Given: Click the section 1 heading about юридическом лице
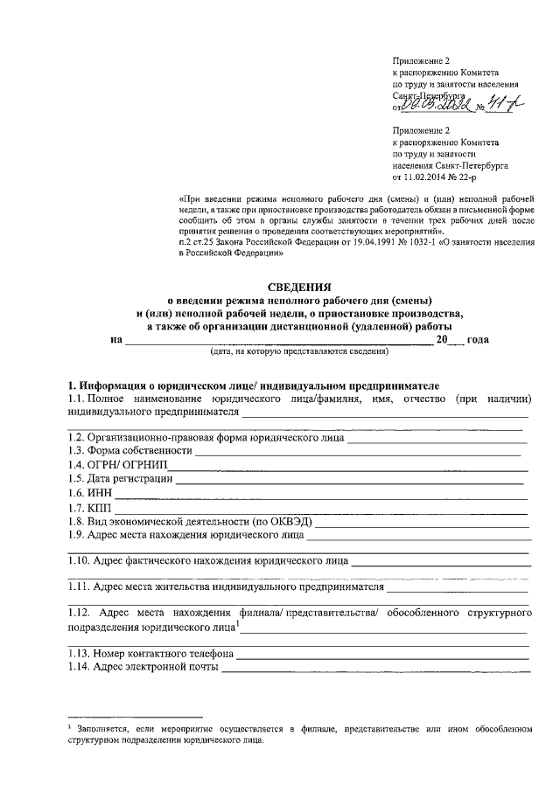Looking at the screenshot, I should click(254, 385).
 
